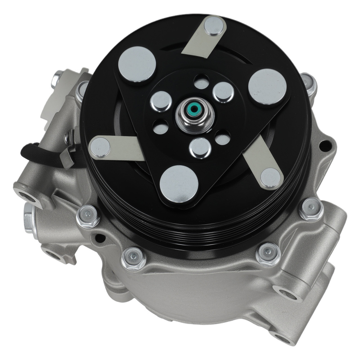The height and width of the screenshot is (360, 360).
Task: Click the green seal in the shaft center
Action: (195, 108)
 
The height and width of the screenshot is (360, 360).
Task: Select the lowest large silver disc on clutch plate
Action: (179, 184)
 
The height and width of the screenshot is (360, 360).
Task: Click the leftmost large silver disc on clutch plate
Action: (137, 64)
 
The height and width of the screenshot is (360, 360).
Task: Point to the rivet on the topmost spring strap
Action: (214, 26)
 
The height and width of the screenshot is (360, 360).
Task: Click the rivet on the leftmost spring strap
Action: (100, 147)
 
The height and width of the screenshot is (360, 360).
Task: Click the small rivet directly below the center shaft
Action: (200, 148)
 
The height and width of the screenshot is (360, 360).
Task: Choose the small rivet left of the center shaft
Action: (161, 101)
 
